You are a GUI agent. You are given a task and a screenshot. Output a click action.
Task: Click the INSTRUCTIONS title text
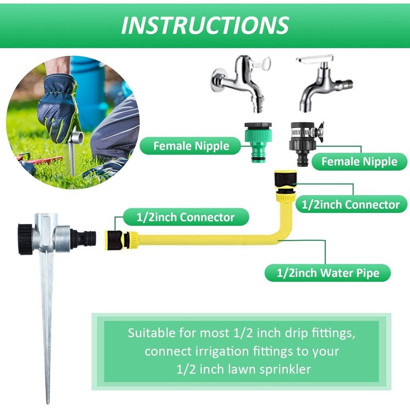[205, 25]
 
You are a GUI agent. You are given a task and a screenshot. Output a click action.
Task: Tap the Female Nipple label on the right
[359, 162]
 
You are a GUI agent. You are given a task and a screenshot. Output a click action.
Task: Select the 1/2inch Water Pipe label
[328, 273]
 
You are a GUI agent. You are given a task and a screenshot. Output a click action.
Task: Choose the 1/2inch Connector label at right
[351, 204]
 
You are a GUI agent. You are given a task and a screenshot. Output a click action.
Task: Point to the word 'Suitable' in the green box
[150, 333]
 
